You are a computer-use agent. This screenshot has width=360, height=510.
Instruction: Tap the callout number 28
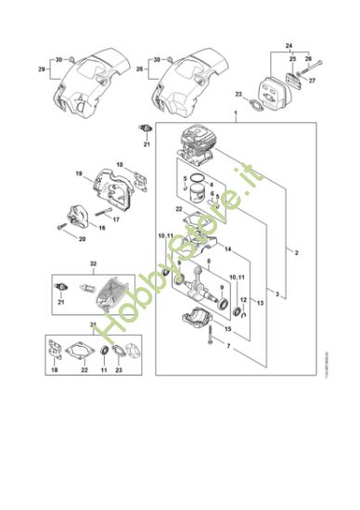(138, 70)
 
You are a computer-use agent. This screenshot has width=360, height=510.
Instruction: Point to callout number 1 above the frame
(237, 113)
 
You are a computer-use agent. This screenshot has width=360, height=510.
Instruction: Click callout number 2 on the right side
(296, 252)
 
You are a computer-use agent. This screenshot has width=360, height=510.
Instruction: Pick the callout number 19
(80, 173)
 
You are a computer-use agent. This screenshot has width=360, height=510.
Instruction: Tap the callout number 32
(93, 264)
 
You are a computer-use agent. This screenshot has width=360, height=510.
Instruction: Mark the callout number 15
(228, 328)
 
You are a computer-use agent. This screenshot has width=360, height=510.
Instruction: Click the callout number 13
(261, 303)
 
